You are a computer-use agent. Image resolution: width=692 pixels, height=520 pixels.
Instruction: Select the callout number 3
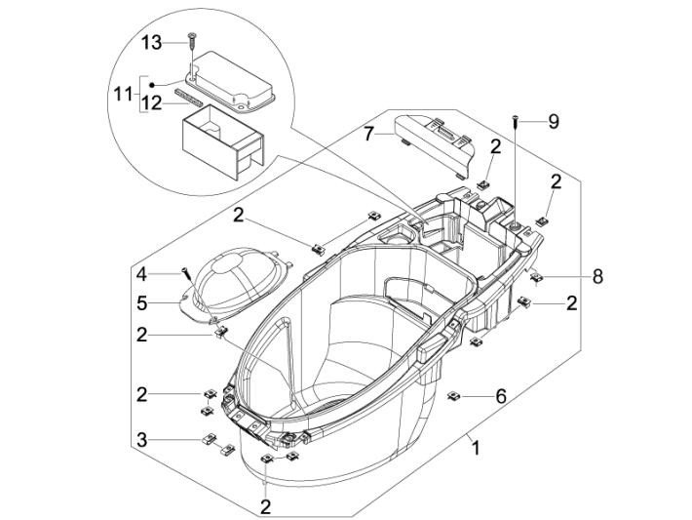click(x=142, y=440)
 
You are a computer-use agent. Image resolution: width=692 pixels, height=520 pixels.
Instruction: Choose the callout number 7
click(x=369, y=134)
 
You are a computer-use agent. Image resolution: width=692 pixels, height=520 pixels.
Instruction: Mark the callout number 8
click(x=596, y=276)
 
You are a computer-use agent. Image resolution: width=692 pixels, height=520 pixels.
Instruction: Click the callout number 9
click(x=553, y=122)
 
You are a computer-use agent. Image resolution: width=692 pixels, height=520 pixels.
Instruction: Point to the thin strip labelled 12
click(x=188, y=98)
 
